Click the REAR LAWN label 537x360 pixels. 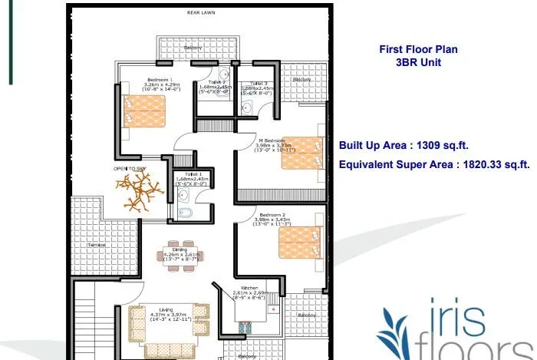200,13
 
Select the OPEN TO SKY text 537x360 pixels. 130,167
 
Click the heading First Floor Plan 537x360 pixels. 419,49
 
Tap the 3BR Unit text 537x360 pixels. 419,63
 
